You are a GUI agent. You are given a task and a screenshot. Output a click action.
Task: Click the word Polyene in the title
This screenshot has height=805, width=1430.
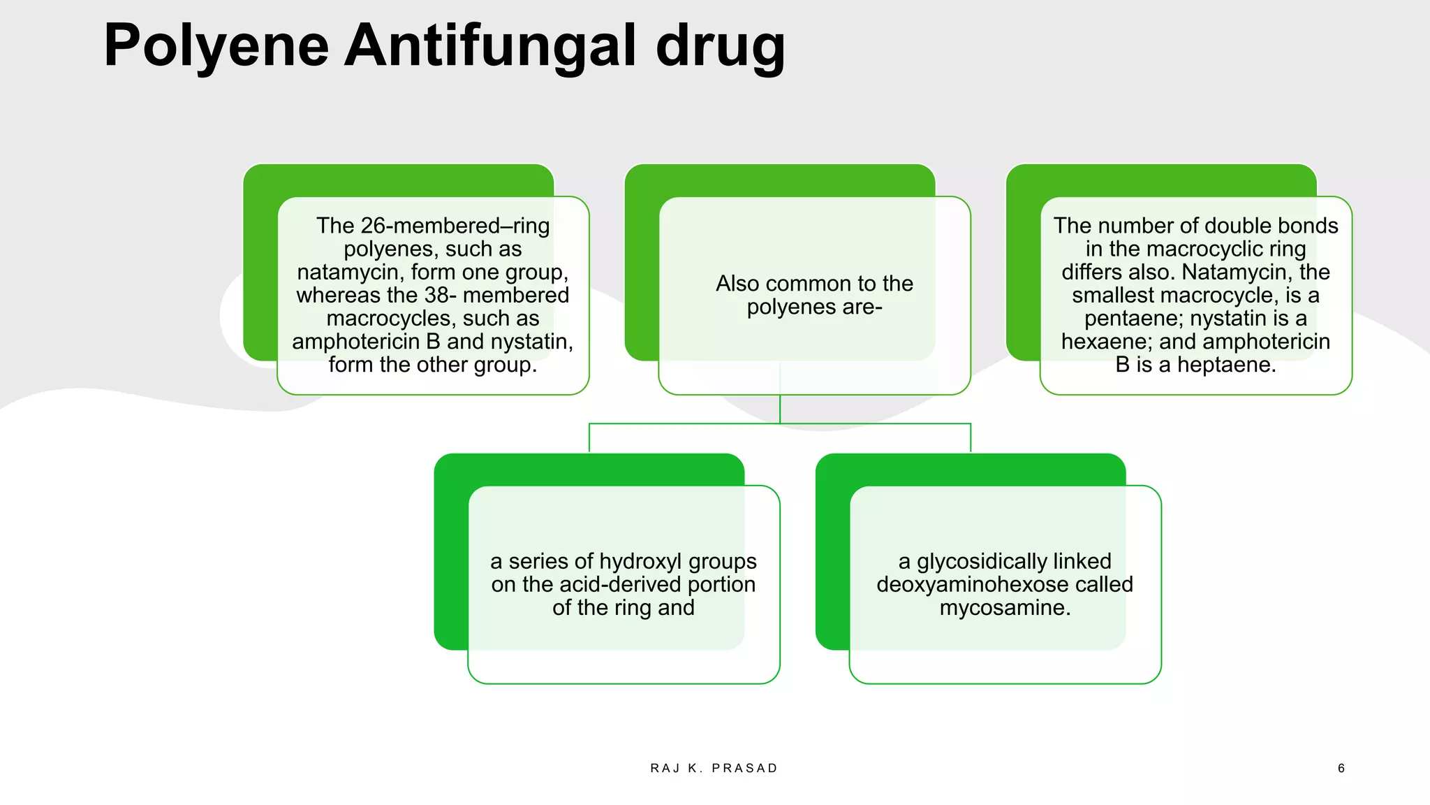click(216, 46)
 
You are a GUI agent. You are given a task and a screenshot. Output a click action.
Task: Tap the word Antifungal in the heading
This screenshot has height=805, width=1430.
click(489, 46)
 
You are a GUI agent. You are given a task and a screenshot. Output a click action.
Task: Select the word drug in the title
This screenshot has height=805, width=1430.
click(720, 46)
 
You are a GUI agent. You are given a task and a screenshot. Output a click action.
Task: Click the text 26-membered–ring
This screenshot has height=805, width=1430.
click(455, 226)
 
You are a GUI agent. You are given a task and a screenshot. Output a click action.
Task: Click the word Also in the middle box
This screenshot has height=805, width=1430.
click(739, 284)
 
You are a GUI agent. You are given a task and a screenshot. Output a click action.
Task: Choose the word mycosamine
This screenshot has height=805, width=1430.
click(1005, 608)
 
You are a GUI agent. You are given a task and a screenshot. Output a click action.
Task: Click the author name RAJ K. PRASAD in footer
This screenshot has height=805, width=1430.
click(714, 769)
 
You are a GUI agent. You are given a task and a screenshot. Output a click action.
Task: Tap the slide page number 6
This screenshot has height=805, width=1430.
click(1341, 769)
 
